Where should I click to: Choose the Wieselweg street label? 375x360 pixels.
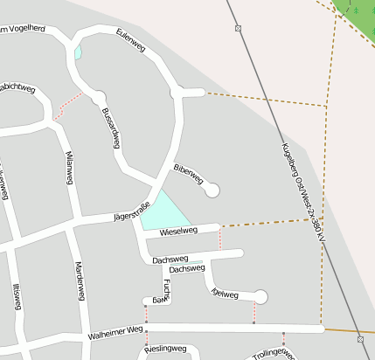tap(178, 232)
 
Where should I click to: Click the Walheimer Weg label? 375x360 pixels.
tap(115, 332)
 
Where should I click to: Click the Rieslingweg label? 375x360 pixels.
tap(166, 350)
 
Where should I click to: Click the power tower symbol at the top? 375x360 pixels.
tap(239, 29)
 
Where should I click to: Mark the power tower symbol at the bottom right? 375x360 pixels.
tap(360, 338)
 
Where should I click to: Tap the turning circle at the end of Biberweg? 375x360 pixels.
tap(212, 189)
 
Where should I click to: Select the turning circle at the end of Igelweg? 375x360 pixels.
tap(260, 297)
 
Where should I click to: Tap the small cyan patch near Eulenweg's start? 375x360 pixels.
tap(78, 52)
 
